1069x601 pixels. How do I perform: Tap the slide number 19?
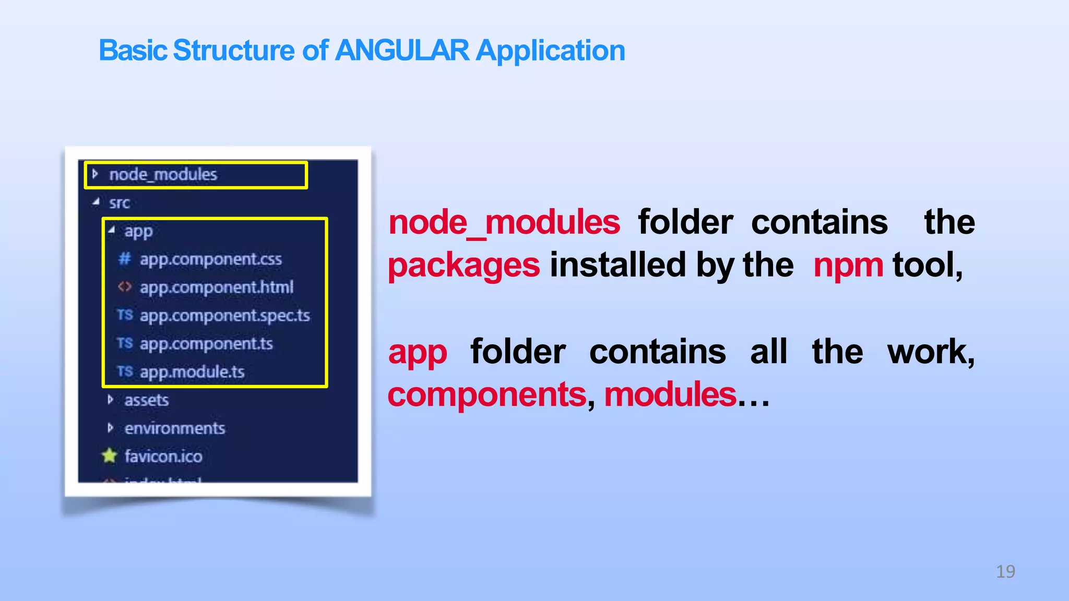1005,572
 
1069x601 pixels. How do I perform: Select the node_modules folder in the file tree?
163,175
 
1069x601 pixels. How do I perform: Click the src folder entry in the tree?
119,203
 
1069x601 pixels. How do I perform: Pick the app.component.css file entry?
210,259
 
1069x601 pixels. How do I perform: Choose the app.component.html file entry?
216,287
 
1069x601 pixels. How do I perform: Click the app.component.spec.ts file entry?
224,316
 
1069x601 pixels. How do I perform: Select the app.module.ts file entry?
192,372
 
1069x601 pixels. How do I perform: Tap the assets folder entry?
146,400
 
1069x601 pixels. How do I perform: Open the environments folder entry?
174,428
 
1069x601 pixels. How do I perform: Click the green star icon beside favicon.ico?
109,456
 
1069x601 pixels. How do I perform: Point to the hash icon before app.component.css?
124,259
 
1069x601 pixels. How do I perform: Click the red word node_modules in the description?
504,223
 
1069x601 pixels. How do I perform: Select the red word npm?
848,266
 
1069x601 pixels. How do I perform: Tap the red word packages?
464,266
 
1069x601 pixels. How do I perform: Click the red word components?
487,395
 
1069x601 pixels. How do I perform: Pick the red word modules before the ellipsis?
670,395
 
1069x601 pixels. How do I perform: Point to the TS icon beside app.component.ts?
125,343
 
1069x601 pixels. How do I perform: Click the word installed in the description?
617,265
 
